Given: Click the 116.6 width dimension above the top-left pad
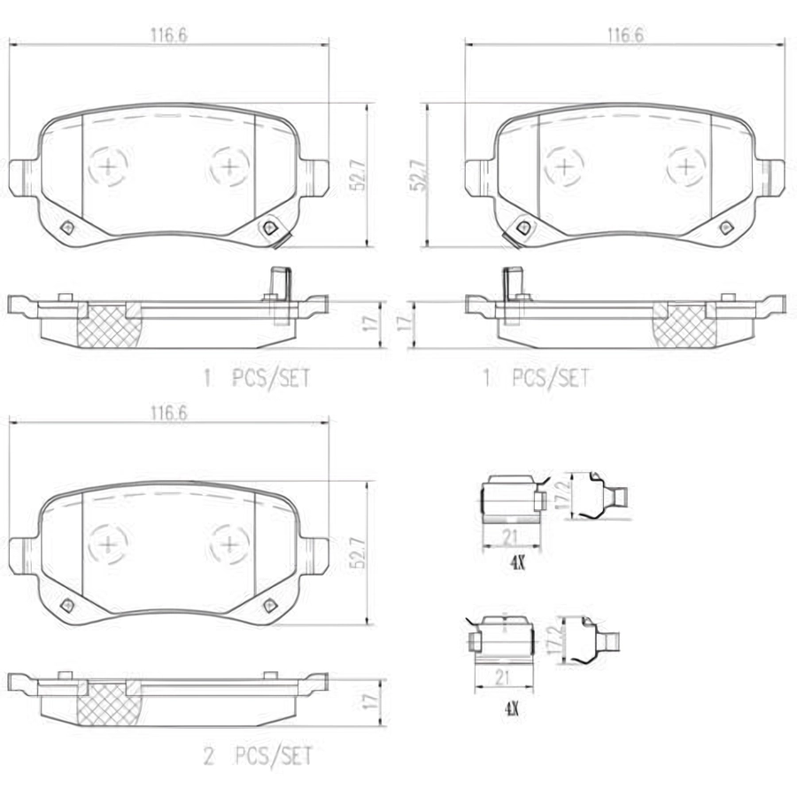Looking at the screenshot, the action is coord(169,35).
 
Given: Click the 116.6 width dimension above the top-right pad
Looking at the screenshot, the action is coord(625,35).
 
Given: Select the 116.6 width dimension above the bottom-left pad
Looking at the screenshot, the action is coord(169,413).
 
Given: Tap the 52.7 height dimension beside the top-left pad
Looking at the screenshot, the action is coord(358,175).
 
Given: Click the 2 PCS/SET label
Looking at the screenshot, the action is coord(258,756).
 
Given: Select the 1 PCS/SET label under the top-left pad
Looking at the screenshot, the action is coord(257,378).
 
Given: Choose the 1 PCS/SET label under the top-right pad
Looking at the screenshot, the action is coord(537,378).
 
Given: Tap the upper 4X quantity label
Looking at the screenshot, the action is coord(517,563).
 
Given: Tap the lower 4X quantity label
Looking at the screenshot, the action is coord(511,708).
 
